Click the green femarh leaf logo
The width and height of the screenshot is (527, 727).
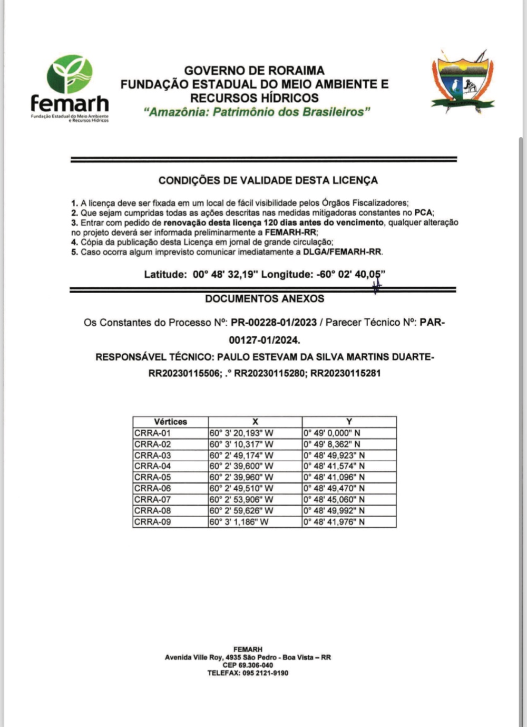[70, 74]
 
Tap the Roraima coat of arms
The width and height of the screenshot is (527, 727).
[463, 82]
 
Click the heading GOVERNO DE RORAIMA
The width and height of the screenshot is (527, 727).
[254, 71]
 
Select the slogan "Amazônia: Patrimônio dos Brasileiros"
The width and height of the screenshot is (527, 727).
[257, 112]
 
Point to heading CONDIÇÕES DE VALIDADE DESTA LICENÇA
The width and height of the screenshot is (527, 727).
[268, 180]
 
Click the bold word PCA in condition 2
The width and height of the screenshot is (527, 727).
[423, 213]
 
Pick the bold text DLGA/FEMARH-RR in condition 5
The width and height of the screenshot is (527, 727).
[342, 252]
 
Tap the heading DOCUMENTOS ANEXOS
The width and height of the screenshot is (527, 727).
[265, 299]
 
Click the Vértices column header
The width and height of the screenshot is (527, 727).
[170, 422]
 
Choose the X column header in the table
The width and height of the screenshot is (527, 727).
[255, 422]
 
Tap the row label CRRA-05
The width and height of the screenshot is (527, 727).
[153, 477]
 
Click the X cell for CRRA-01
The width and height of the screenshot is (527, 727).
[241, 433]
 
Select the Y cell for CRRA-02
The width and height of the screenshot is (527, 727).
[332, 444]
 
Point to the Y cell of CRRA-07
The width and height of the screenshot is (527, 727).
[334, 499]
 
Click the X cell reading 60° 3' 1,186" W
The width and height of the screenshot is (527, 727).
[239, 522]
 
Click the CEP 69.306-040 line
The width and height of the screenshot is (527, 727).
[248, 665]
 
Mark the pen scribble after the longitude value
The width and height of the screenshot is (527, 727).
[376, 286]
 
